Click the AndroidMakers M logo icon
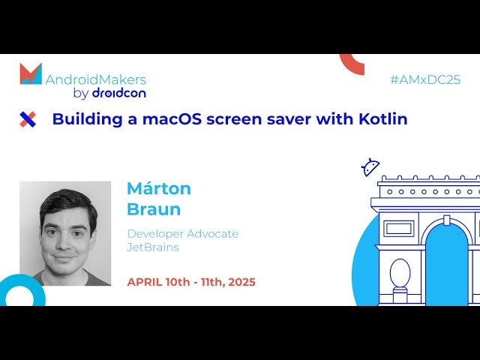[x=31, y=74]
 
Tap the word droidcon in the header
[x=118, y=93]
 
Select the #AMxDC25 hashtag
[x=425, y=79]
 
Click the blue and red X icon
[x=28, y=118]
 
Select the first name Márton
[x=159, y=188]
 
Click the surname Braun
[x=154, y=208]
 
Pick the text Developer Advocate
[x=183, y=234]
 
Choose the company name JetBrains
[x=153, y=247]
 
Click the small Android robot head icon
[x=370, y=167]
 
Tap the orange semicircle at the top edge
[x=352, y=63]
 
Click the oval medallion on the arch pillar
[x=400, y=273]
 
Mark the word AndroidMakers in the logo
[x=96, y=79]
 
